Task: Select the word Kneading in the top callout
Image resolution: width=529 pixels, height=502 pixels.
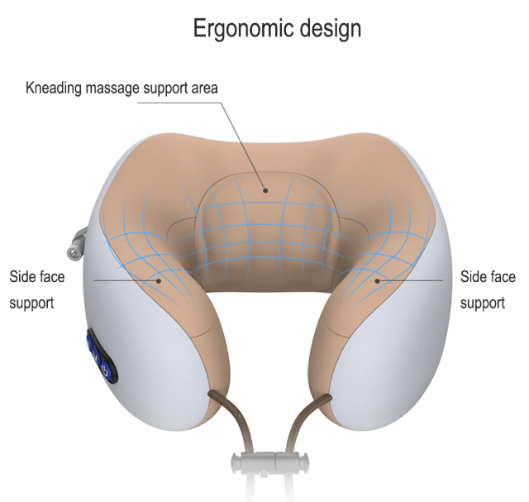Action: pos(54,88)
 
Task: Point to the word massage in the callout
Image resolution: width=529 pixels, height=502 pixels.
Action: pos(112,89)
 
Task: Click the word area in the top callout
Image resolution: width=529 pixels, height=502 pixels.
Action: pos(205,88)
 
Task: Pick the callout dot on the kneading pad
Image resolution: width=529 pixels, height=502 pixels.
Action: pos(265,191)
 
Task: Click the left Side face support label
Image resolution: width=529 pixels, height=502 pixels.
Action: pos(37,289)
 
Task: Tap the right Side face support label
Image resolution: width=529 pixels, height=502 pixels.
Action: pos(488,289)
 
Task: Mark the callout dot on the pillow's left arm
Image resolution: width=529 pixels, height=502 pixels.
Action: pos(159,280)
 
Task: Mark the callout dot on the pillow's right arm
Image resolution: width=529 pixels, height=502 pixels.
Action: pos(378,280)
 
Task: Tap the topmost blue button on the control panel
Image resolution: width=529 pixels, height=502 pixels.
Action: pos(90,342)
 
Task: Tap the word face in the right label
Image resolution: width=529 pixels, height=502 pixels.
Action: pos(501,277)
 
